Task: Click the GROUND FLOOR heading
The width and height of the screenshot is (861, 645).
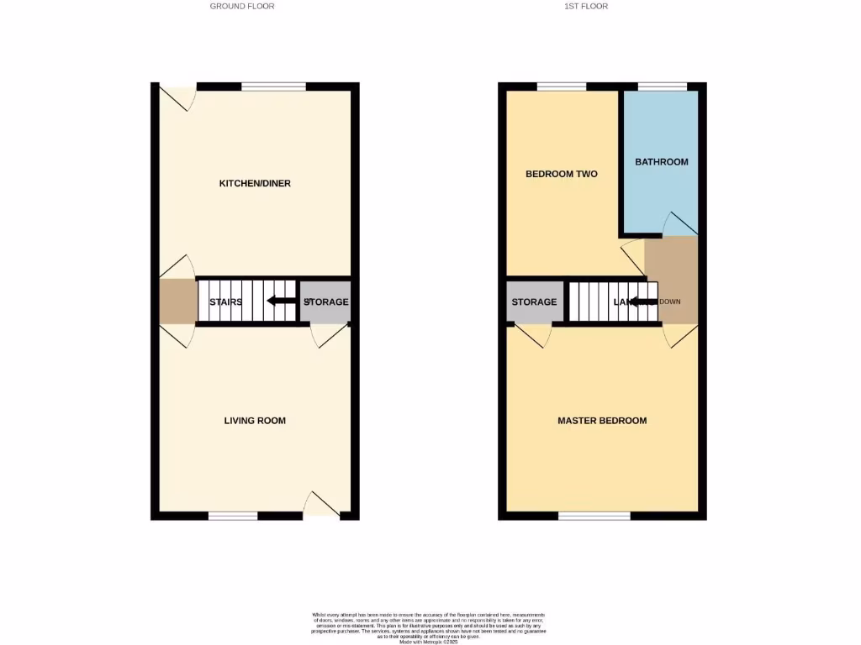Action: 242,6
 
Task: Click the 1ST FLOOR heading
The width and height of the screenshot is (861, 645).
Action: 586,6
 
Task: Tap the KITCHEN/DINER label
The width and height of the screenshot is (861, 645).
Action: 255,183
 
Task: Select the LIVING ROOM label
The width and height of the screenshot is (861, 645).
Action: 255,420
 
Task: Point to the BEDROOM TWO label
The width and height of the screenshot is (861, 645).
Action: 561,174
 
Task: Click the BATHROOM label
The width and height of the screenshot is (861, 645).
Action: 661,161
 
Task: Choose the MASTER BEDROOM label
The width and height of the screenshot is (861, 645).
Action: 602,420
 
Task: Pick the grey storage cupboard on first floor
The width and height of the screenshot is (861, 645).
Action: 534,302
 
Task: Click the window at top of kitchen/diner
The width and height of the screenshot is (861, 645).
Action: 274,86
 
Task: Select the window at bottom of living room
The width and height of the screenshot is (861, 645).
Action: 233,516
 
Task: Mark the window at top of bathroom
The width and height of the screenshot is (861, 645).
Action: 663,86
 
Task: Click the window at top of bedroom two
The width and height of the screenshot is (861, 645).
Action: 562,86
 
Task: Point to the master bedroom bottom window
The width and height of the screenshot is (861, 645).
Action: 594,516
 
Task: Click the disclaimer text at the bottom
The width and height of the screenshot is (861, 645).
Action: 430,627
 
